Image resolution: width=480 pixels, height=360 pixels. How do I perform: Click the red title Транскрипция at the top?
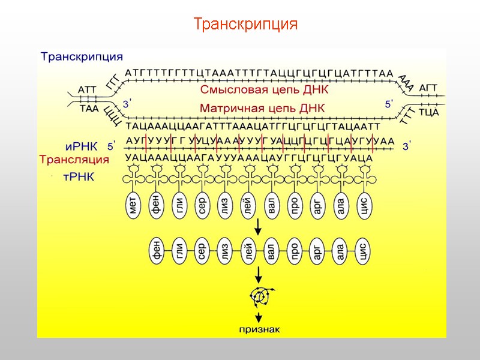tap(245, 25)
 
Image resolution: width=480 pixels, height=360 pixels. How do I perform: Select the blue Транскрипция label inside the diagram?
tap(82, 57)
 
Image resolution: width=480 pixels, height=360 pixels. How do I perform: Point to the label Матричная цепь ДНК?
tap(262, 109)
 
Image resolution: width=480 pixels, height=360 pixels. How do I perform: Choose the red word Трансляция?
tap(74, 160)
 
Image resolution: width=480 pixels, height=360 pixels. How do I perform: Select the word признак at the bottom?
tap(258, 329)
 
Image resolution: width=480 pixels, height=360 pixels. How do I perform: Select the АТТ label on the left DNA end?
tap(88, 89)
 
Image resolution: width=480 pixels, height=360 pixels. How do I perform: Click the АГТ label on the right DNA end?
tap(428, 88)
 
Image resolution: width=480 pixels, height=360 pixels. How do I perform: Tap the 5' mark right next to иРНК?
tap(111, 146)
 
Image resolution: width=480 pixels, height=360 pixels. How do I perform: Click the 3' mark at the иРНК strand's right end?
tap(407, 146)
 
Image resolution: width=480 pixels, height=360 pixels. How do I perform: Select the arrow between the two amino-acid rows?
tap(259, 227)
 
